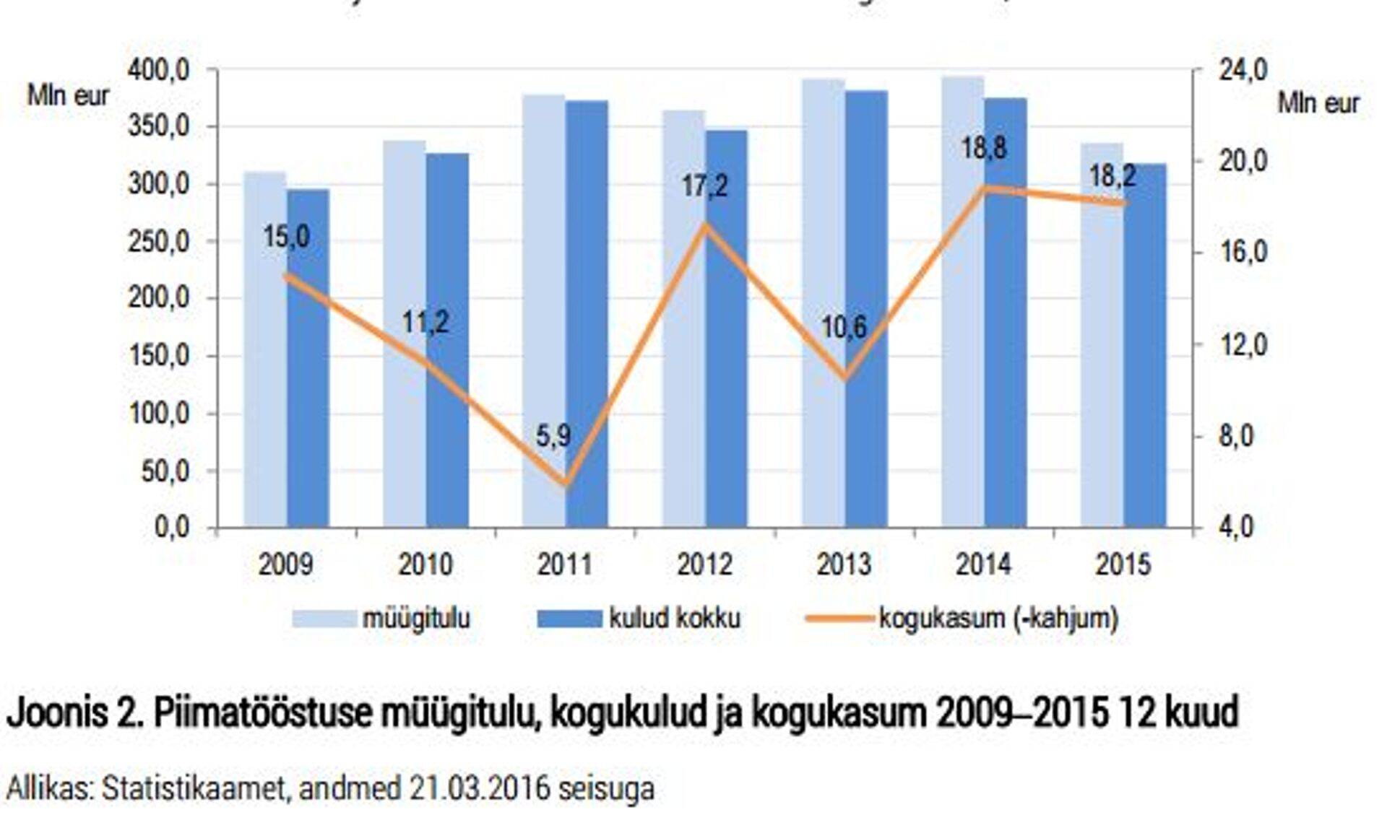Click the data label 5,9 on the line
tap(553, 436)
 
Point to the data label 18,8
tap(983, 149)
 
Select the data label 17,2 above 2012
tap(704, 186)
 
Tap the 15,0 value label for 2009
tap(286, 237)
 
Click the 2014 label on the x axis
tap(983, 564)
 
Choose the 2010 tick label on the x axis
tap(425, 564)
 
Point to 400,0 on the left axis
tap(159, 71)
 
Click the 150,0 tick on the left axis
tap(159, 356)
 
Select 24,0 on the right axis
tap(1243, 71)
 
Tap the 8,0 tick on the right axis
tap(1235, 437)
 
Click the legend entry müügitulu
tap(415, 619)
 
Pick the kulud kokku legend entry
tap(674, 619)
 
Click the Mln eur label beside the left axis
tap(68, 95)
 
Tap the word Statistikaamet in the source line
tap(194, 789)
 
